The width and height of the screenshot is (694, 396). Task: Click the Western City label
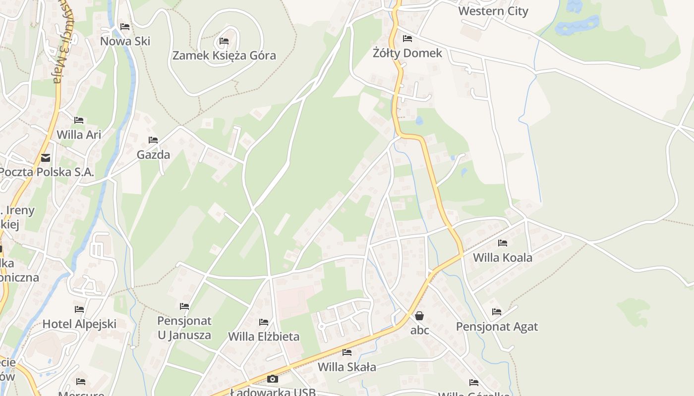pyautogui.click(x=493, y=11)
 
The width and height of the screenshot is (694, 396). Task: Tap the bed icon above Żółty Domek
pyautogui.click(x=407, y=39)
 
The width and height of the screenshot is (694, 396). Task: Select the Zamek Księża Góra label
pyautogui.click(x=224, y=55)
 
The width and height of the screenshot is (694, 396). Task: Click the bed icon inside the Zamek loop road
pyautogui.click(x=224, y=41)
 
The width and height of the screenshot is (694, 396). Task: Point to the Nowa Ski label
pyautogui.click(x=125, y=41)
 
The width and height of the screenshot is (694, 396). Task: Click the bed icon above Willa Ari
pyautogui.click(x=79, y=120)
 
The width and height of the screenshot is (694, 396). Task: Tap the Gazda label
pyautogui.click(x=153, y=154)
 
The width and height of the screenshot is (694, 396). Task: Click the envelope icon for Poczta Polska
pyautogui.click(x=46, y=158)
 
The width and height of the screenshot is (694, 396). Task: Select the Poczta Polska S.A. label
pyautogui.click(x=47, y=172)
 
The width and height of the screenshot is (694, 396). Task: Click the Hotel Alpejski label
pyautogui.click(x=79, y=324)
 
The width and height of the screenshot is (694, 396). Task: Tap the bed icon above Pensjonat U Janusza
pyautogui.click(x=184, y=306)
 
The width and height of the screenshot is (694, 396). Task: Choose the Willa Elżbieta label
pyautogui.click(x=264, y=337)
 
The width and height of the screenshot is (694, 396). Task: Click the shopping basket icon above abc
pyautogui.click(x=419, y=316)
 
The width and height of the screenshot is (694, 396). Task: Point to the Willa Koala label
pyautogui.click(x=502, y=257)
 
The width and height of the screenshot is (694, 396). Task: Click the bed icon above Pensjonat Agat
pyautogui.click(x=497, y=312)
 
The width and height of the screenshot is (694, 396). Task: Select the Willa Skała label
pyautogui.click(x=347, y=367)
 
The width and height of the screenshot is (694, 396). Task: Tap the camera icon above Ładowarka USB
pyautogui.click(x=273, y=379)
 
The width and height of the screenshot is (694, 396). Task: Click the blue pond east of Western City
pyautogui.click(x=578, y=25)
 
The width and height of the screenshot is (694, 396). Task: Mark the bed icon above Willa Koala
pyautogui.click(x=503, y=243)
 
